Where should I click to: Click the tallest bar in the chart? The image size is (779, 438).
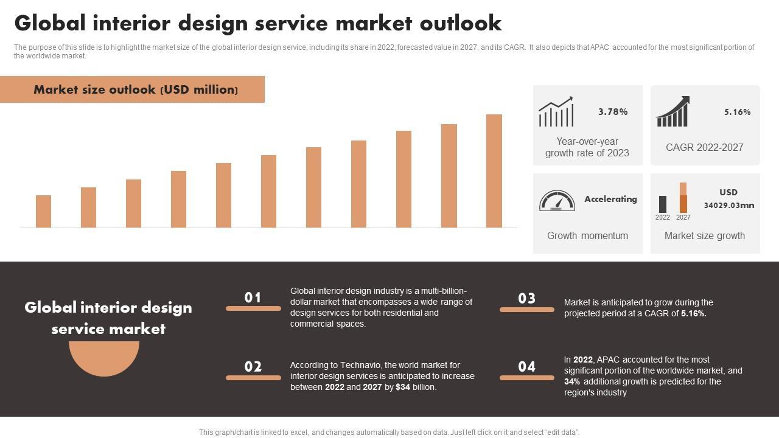pos(494,171)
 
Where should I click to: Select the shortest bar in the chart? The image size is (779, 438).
pos(43,211)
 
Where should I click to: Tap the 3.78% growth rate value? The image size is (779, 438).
pos(613,112)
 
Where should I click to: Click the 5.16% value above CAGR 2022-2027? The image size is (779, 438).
pos(737,112)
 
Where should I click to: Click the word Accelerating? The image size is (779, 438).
pos(610,199)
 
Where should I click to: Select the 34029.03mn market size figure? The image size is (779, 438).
pos(728,205)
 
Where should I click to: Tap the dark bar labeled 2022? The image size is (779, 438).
pos(663,204)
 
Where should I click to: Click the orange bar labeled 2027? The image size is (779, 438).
pos(683,198)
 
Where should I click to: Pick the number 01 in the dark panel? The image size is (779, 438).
pos(253,297)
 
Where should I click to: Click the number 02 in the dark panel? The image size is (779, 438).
pos(253,367)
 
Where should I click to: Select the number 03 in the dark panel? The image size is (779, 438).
pos(527,299)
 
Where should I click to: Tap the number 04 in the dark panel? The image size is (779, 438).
pos(527,367)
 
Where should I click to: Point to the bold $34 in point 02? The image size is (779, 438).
pos(403,387)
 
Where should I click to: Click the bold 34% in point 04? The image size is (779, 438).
pos(572,381)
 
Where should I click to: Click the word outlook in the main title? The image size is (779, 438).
pos(461,23)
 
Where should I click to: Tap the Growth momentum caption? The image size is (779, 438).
pos(587,235)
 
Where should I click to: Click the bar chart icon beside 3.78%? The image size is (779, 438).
pos(556,112)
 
